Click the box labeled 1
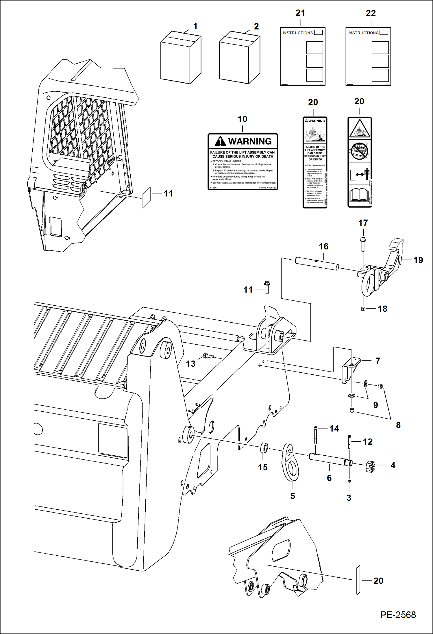pyautogui.click(x=181, y=58)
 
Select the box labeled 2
pyautogui.click(x=239, y=58)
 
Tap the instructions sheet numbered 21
pyautogui.click(x=302, y=56)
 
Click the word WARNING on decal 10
pyautogui.click(x=250, y=141)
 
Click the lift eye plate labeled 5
pyautogui.click(x=290, y=463)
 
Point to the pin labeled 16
pyautogui.click(x=317, y=264)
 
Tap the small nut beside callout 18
pyautogui.click(x=363, y=309)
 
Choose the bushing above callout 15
pyautogui.click(x=264, y=448)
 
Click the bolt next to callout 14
pyautogui.click(x=315, y=435)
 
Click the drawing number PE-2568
pyautogui.click(x=398, y=615)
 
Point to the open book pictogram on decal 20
pyautogui.click(x=359, y=195)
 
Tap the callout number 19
pyautogui.click(x=418, y=260)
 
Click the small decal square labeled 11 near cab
pyautogui.click(x=147, y=197)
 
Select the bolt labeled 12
pyautogui.click(x=349, y=442)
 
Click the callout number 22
pyautogui.click(x=371, y=13)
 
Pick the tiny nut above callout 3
pyautogui.click(x=349, y=481)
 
